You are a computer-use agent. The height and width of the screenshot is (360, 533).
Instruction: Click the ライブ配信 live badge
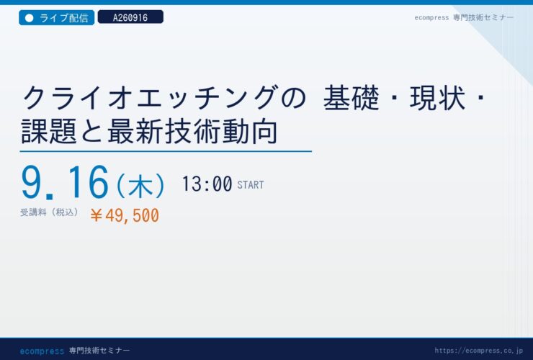click(56, 18)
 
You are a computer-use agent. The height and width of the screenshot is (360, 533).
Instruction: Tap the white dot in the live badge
click(30, 18)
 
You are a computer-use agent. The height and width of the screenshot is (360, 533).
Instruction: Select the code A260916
click(130, 17)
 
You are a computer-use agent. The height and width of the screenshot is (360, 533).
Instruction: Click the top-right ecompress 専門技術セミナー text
click(464, 18)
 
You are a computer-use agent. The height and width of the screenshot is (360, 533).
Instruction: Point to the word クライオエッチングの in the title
click(164, 98)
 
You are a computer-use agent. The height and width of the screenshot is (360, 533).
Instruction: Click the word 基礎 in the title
click(351, 98)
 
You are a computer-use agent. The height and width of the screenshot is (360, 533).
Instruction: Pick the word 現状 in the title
click(437, 98)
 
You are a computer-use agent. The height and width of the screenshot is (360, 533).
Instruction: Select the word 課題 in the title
click(49, 131)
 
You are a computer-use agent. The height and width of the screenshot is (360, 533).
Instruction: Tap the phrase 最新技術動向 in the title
click(193, 131)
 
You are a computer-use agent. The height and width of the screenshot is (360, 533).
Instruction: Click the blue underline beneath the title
click(166, 151)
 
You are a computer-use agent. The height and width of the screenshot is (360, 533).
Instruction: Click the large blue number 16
click(89, 182)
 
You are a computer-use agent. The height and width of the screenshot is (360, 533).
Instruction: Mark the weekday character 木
click(140, 186)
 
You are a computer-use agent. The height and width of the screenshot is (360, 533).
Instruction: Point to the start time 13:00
click(207, 184)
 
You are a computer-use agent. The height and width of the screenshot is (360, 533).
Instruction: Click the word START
click(251, 185)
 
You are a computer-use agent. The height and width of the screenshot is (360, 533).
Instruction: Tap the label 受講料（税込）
click(50, 212)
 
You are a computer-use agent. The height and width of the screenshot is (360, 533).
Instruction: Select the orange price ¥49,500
click(125, 215)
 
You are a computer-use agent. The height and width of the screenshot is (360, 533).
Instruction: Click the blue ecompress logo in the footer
click(42, 351)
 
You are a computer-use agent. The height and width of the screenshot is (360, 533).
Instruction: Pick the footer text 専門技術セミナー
click(99, 350)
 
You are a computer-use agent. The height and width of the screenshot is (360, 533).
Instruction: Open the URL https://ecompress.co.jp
click(478, 351)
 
